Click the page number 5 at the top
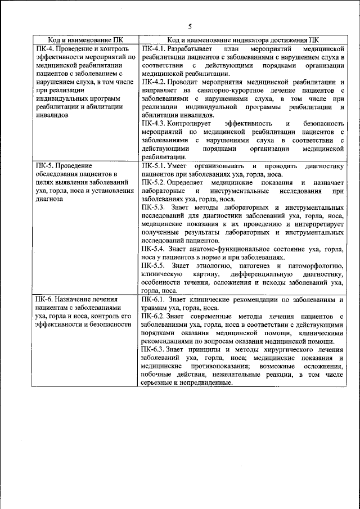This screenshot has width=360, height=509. pyautogui.click(x=190, y=26)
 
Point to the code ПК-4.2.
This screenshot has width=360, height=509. pyautogui.click(x=154, y=82)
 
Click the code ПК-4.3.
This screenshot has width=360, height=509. pyautogui.click(x=154, y=123)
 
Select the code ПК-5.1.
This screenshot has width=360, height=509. pyautogui.click(x=154, y=166)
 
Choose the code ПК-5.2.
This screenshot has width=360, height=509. pyautogui.click(x=154, y=182)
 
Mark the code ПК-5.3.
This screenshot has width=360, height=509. pyautogui.click(x=154, y=207)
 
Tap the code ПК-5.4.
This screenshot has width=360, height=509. pyautogui.click(x=154, y=248)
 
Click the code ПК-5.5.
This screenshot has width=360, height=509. pyautogui.click(x=154, y=265)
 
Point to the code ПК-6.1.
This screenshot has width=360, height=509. pyautogui.click(x=154, y=299)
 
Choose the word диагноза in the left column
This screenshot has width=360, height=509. pyautogui.click(x=49, y=199)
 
